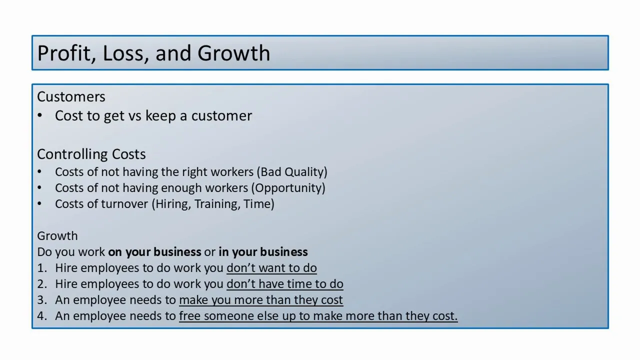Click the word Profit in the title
click(63, 53)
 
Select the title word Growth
click(233, 53)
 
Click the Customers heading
click(71, 96)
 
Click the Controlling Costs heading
click(91, 154)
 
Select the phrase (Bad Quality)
click(292, 172)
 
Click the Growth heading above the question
click(57, 236)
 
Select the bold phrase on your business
click(154, 252)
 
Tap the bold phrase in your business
click(263, 252)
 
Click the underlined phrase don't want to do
click(271, 268)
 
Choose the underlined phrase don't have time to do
click(284, 284)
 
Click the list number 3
click(41, 300)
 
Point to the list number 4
click(41, 316)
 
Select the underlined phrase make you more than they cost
click(260, 300)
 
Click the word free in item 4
click(190, 316)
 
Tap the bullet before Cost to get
click(39, 116)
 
